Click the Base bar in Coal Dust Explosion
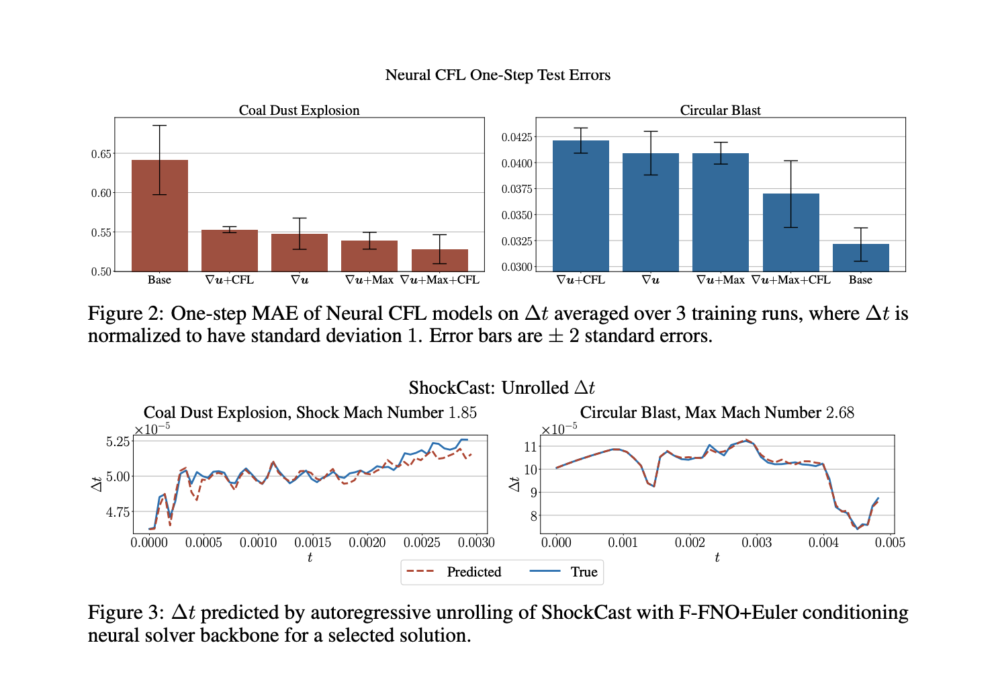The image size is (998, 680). pyautogui.click(x=160, y=215)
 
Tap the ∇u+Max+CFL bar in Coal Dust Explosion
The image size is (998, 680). pyautogui.click(x=440, y=260)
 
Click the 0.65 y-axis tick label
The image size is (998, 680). pyautogui.click(x=101, y=154)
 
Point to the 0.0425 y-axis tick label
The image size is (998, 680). pyautogui.click(x=517, y=137)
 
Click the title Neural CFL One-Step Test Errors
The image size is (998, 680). pyautogui.click(x=498, y=75)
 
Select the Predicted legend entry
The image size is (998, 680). pyautogui.click(x=473, y=572)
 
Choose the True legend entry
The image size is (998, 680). pyautogui.click(x=584, y=572)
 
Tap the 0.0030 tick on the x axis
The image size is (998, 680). pyautogui.click(x=476, y=543)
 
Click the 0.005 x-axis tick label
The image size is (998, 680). pyautogui.click(x=890, y=543)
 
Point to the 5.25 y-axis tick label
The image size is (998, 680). pyautogui.click(x=118, y=441)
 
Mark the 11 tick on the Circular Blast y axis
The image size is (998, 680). pyautogui.click(x=531, y=447)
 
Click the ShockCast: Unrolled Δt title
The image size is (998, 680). pyautogui.click(x=502, y=388)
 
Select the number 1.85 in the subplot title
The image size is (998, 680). pyautogui.click(x=462, y=413)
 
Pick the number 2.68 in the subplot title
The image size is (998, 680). pyautogui.click(x=840, y=413)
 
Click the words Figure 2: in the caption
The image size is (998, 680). pyautogui.click(x=126, y=314)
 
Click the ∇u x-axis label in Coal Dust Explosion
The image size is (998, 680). pyautogui.click(x=300, y=280)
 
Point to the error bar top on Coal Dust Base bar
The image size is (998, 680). pyautogui.click(x=160, y=126)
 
